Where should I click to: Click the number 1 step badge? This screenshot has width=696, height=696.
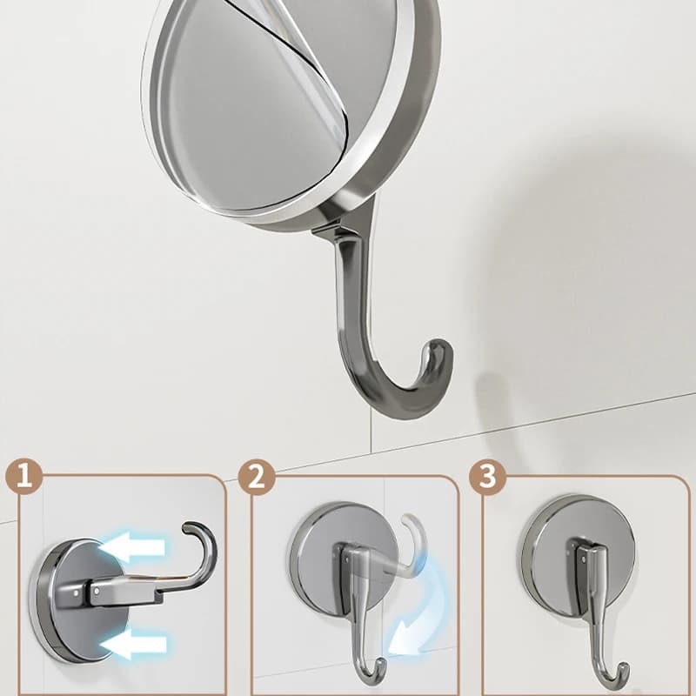click(x=24, y=477)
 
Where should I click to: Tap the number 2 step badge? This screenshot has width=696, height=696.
click(x=256, y=478)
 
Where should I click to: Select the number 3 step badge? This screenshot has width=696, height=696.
click(x=488, y=477)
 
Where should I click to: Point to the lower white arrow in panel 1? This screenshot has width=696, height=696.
click(x=133, y=644)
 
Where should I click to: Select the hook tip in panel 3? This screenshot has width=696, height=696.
click(x=624, y=668)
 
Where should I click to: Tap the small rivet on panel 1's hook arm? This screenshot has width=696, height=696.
click(x=97, y=591)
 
